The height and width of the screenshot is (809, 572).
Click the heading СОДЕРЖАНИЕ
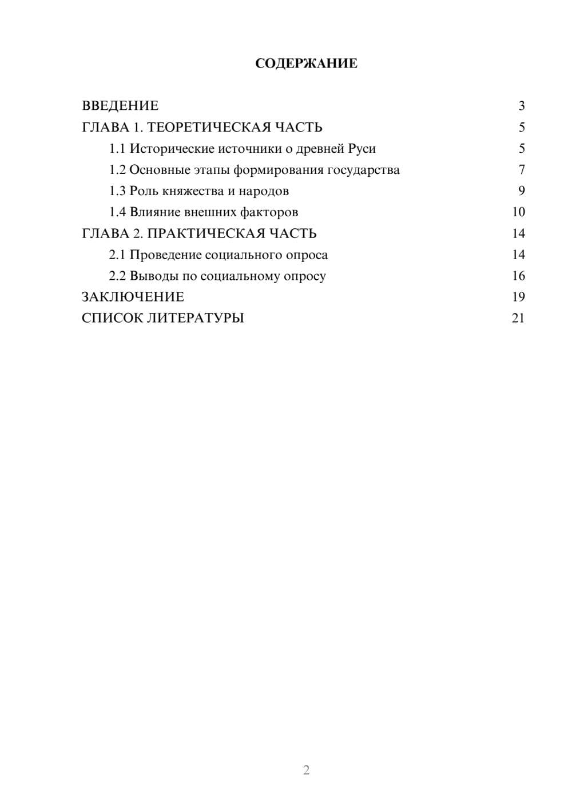tap(306, 64)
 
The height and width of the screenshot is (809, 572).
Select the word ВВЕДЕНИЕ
tap(120, 106)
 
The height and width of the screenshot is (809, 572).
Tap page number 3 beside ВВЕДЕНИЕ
tap(521, 106)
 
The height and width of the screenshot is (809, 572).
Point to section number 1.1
tap(117, 149)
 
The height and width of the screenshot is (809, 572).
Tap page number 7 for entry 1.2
tap(521, 170)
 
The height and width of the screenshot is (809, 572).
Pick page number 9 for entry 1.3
tap(521, 191)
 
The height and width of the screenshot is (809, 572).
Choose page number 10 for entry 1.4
tap(518, 212)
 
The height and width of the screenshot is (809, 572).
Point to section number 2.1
tap(117, 255)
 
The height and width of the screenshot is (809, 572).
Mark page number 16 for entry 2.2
tap(518, 276)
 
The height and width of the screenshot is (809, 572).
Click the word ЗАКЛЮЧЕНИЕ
tap(133, 297)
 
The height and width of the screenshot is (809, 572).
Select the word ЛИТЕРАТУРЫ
tap(196, 318)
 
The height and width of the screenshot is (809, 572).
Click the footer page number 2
tap(306, 770)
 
